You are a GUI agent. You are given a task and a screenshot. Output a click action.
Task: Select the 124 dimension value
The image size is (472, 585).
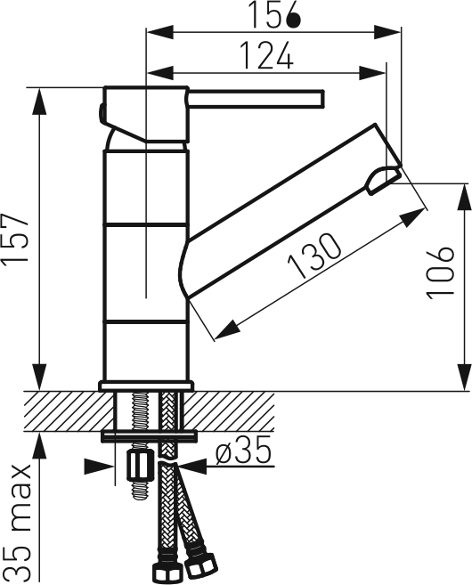[x=267, y=55]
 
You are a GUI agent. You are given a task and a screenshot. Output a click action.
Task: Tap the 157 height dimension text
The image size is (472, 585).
[x=15, y=240]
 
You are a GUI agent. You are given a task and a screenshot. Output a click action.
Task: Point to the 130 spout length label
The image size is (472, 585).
[x=314, y=256]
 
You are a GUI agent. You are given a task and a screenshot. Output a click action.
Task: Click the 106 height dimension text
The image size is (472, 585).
[x=440, y=272]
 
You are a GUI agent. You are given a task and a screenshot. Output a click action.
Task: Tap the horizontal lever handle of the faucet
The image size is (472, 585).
[x=256, y=99]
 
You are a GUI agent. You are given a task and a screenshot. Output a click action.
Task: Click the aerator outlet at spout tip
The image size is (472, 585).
[x=383, y=181]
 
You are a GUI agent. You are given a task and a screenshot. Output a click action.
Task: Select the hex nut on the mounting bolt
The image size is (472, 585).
[x=140, y=466]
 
